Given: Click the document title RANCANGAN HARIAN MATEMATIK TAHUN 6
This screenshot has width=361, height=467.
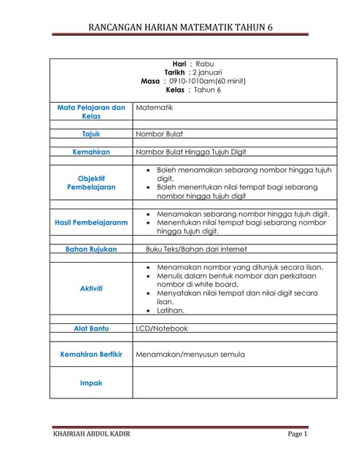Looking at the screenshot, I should coord(180,28).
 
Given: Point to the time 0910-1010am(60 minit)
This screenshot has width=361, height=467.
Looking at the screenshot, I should coord(207,82).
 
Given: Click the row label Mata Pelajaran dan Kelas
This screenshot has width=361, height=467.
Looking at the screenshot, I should coord(91,112).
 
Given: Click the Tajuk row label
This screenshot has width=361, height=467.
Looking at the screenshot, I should coord(91,134).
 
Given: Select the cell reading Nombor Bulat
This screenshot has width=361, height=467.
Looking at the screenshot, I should coord(160,134).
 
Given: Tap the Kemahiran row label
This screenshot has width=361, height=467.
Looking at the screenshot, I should coord(91,152).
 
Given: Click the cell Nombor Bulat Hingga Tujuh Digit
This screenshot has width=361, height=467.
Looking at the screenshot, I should coord(191,152).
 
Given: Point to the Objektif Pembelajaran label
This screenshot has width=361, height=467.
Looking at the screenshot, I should coord(91,182).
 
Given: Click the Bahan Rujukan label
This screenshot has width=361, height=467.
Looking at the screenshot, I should coord(91,249).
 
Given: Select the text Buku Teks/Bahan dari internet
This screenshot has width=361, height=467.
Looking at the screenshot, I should coord(196,249).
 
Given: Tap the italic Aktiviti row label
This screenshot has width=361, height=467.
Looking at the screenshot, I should coord(91,288).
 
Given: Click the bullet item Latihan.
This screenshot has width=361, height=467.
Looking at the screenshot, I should coord(171,311).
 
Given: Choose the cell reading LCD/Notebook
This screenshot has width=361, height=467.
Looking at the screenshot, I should coord(162,328).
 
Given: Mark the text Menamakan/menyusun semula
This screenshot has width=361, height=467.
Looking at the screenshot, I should coord(190,355).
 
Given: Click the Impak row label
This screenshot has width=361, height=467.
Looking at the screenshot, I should coord(91,382).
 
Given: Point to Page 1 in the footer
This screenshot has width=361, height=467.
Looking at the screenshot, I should coord(298,435).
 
